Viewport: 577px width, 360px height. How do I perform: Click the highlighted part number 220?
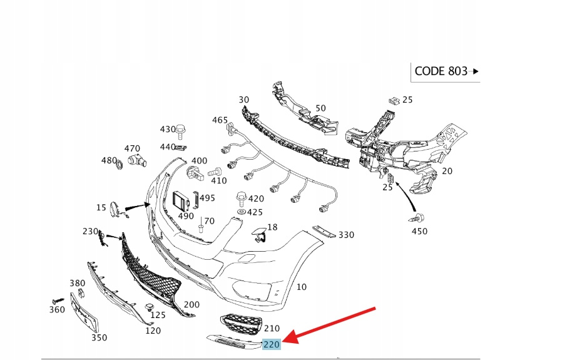tap(272, 344)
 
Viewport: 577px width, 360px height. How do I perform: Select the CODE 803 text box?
tap(444, 71)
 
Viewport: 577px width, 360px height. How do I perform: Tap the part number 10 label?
tap(301, 287)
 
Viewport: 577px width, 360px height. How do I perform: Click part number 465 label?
tap(220, 120)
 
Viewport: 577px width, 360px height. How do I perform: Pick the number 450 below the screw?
tap(419, 231)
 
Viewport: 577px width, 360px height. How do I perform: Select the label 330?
tap(346, 235)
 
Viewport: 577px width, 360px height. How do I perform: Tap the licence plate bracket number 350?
tap(99, 337)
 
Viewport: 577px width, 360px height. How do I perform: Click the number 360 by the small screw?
tap(57, 309)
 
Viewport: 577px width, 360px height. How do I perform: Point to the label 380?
tap(77, 283)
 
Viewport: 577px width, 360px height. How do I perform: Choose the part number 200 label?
tap(191, 304)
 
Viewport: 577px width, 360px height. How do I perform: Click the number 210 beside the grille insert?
tap(272, 327)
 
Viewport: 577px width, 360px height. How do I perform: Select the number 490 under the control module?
tap(186, 215)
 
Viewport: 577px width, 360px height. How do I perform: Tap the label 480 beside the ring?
tap(109, 160)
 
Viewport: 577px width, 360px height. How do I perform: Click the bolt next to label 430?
tap(181, 130)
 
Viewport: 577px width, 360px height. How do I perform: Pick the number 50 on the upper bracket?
tap(320, 108)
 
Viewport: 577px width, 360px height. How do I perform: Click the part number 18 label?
tap(272, 227)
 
